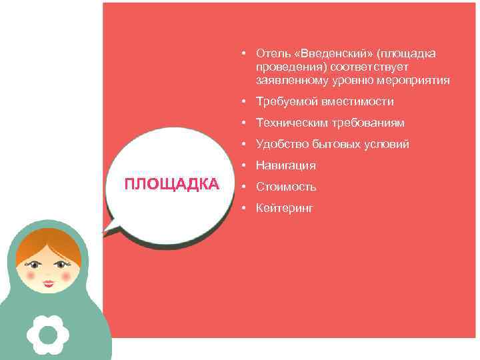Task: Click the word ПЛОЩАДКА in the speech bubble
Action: (x=172, y=184)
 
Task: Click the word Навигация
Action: (x=285, y=165)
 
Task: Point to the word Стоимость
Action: (x=286, y=187)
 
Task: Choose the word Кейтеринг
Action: (x=285, y=208)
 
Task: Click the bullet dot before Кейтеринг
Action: (x=245, y=208)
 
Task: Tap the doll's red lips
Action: (x=49, y=283)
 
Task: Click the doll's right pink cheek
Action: (x=65, y=273)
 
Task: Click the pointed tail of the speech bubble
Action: (x=108, y=229)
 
